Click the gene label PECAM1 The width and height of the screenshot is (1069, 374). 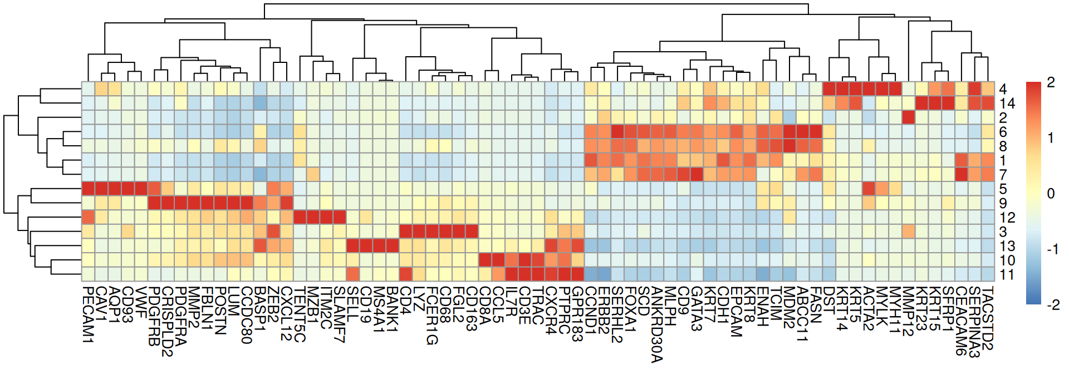pyautogui.click(x=88, y=314)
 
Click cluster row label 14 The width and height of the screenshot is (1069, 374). pyautogui.click(x=1007, y=104)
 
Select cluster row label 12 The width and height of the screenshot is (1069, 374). pyautogui.click(x=1007, y=218)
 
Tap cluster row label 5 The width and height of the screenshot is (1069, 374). pyautogui.click(x=1003, y=189)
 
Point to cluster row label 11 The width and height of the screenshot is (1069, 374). pyautogui.click(x=1007, y=274)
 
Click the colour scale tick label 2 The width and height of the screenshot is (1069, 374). pyautogui.click(x=1051, y=82)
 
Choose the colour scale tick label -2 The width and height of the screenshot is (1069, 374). pyautogui.click(x=1052, y=304)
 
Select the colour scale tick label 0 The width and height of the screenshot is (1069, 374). pyautogui.click(x=1051, y=194)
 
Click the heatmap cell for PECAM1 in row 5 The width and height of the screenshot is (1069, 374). pyautogui.click(x=88, y=189)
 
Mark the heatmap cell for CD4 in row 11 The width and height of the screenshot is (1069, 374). pyautogui.click(x=405, y=274)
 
